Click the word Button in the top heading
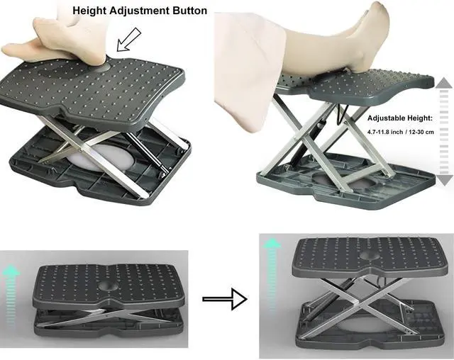[x=190, y=11]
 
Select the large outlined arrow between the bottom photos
[x=224, y=299]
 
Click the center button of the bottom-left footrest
[x=108, y=288]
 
